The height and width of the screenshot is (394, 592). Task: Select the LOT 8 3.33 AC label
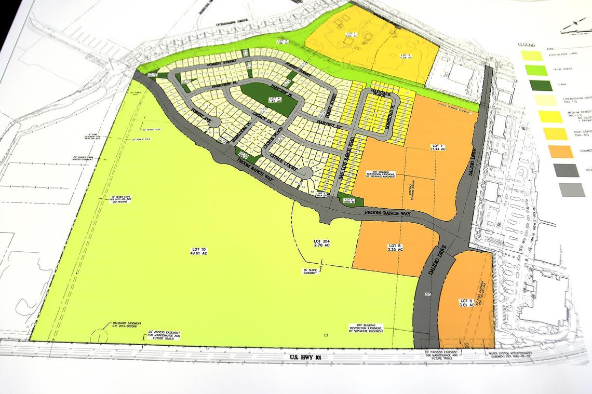pyautogui.click(x=395, y=248)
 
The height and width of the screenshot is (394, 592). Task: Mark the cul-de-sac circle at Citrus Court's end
pyautogui.click(x=307, y=173)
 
